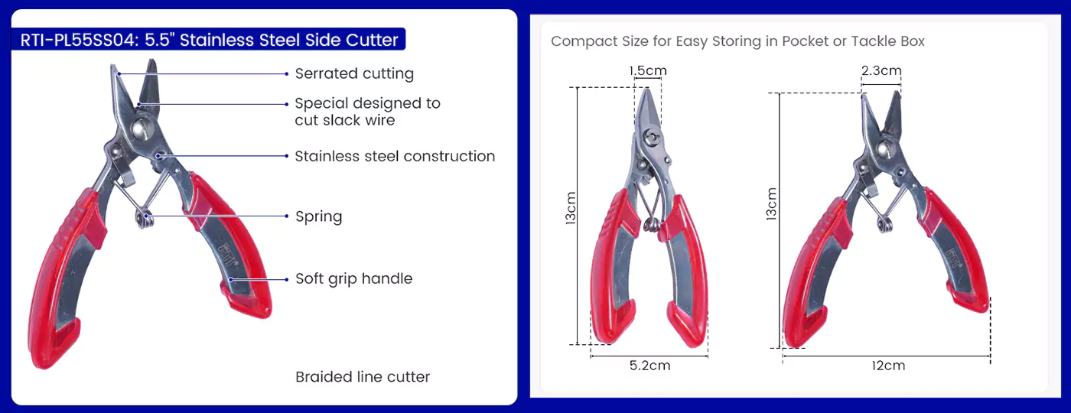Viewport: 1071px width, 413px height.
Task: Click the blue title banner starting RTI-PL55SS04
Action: click(x=208, y=39)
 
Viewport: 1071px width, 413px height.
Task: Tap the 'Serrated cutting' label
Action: click(x=354, y=73)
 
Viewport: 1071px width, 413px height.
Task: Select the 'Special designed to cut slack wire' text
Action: click(x=367, y=112)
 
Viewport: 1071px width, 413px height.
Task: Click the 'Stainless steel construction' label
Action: click(x=395, y=156)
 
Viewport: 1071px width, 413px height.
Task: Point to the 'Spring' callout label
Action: click(x=318, y=216)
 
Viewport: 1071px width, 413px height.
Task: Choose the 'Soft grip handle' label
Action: click(x=353, y=278)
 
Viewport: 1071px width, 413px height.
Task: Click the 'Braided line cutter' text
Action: click(x=363, y=376)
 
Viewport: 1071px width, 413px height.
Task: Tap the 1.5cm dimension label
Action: click(x=648, y=70)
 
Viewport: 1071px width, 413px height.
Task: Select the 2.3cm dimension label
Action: click(x=881, y=70)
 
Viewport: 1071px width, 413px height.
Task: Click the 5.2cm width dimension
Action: click(x=649, y=366)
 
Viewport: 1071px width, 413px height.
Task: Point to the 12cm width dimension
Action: click(x=888, y=366)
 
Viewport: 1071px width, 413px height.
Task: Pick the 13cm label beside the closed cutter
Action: click(x=571, y=208)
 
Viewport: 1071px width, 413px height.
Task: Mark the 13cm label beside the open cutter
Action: click(x=771, y=204)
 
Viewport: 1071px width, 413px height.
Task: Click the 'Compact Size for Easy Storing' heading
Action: click(x=737, y=41)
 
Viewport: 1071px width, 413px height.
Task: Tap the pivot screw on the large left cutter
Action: click(x=142, y=128)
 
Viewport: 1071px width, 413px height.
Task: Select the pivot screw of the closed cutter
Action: click(x=651, y=138)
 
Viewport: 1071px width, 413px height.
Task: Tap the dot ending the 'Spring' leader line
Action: click(x=287, y=216)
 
